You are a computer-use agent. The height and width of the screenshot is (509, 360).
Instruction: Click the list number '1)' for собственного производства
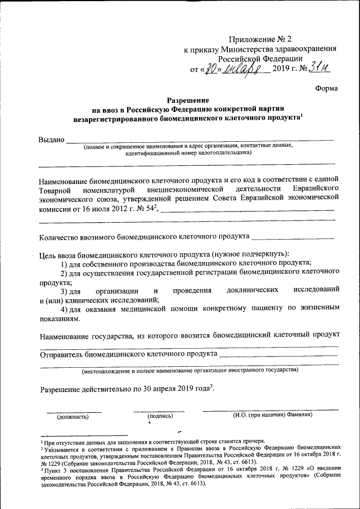(x=65, y=263)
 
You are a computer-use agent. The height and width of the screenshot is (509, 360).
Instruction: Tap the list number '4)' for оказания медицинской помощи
(x=65, y=309)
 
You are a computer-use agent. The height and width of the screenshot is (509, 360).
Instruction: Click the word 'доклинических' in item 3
(x=253, y=290)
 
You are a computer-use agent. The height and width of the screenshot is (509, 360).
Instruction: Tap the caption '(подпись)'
(x=160, y=417)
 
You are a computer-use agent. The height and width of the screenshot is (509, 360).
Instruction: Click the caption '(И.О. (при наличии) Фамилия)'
(x=273, y=415)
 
